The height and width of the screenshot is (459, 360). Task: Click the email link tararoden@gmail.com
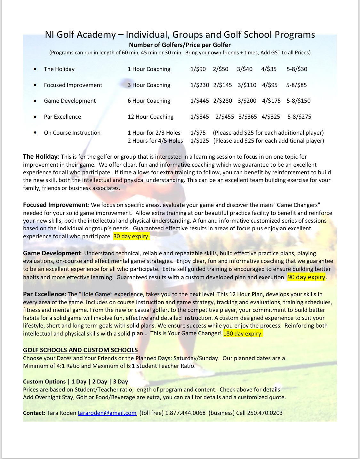tap(107, 413)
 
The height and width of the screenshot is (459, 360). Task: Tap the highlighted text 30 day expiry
tap(131, 236)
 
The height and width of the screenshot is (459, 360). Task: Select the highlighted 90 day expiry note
tap(306, 277)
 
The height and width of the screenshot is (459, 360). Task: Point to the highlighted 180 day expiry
tap(243, 333)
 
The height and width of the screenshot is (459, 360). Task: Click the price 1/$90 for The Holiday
tap(198, 69)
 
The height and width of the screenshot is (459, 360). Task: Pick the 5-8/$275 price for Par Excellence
tap(299, 117)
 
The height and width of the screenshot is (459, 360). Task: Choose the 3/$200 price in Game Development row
tap(247, 101)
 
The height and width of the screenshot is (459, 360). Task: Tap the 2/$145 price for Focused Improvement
tap(222, 85)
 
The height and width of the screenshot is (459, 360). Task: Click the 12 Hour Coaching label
tap(150, 117)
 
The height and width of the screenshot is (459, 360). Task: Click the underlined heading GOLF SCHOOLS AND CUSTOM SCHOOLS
tap(80, 350)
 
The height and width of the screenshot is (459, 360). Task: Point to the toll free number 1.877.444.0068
tap(185, 413)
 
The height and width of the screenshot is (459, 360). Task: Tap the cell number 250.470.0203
tap(265, 413)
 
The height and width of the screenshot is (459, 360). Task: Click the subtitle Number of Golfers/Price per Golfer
tap(180, 45)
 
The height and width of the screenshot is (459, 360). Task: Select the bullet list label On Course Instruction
tap(72, 133)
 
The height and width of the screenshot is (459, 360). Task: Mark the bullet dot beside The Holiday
tap(35, 69)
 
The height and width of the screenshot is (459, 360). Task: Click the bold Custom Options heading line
tap(76, 382)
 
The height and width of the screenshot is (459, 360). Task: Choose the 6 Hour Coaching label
tap(149, 101)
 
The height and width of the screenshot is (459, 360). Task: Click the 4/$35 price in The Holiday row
tap(269, 69)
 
